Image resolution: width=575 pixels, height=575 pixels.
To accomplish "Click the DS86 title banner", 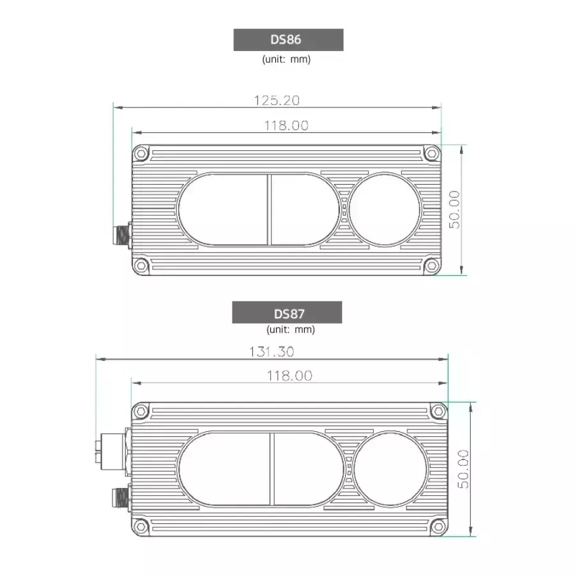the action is (x=288, y=40).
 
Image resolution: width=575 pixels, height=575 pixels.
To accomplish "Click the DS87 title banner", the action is (x=287, y=312).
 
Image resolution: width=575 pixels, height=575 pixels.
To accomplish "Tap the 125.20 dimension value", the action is (x=277, y=100).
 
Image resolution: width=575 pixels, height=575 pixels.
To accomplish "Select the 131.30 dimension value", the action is (x=272, y=351).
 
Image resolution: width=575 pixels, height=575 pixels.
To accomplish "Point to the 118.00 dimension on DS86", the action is (x=286, y=125).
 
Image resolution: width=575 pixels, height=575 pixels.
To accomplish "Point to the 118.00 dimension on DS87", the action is (x=289, y=376).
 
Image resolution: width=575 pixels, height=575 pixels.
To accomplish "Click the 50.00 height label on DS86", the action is (x=454, y=210).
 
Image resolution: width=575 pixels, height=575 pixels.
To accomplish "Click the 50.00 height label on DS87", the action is (x=463, y=469).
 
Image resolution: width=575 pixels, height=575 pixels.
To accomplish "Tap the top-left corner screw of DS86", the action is (x=141, y=153).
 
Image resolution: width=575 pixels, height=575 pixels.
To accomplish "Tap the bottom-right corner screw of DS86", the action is (x=432, y=266).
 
